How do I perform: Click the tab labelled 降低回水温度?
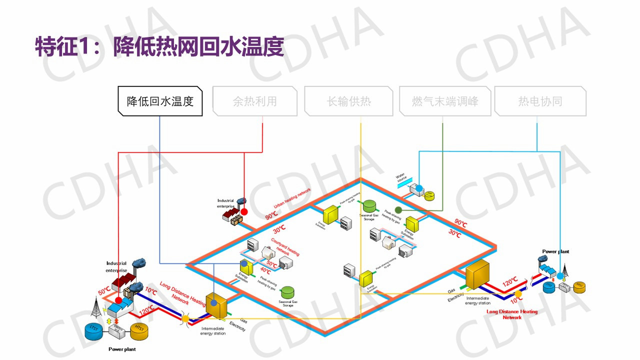(x=160, y=101)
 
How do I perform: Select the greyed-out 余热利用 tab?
(x=254, y=101)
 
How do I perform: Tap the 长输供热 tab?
(x=348, y=101)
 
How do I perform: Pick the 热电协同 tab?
(x=540, y=101)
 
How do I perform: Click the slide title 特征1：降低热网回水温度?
(x=159, y=47)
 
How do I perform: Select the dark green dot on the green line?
(x=398, y=210)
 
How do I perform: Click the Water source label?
(x=402, y=178)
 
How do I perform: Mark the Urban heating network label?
(x=292, y=198)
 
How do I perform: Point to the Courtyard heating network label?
(x=285, y=246)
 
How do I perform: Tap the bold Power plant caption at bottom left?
(x=122, y=349)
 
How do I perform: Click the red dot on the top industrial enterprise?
(x=244, y=211)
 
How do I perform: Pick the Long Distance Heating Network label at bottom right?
(x=512, y=314)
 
